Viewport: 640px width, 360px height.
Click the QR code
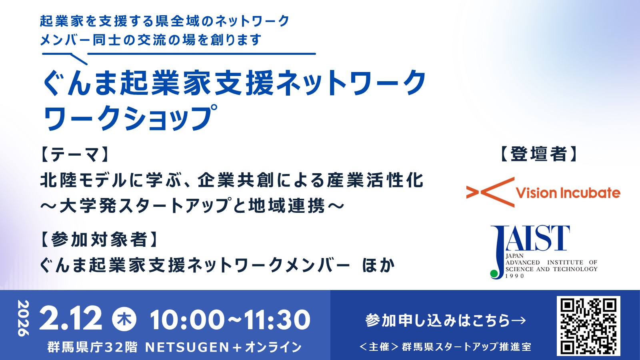point(588,326)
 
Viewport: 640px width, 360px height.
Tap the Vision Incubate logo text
point(568,193)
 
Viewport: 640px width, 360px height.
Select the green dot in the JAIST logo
point(494,274)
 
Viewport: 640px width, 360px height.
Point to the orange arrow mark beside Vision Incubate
point(490,192)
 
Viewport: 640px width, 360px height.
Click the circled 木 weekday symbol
point(124,319)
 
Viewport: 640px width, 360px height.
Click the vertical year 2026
point(24,318)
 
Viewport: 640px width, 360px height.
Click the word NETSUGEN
point(187,348)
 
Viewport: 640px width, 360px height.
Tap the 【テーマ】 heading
point(75,155)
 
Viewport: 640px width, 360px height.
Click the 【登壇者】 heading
point(538,154)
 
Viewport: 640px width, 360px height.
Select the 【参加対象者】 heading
point(99,240)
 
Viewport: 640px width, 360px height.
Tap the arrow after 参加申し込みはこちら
point(518,320)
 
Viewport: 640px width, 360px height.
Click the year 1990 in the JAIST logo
point(515,276)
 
